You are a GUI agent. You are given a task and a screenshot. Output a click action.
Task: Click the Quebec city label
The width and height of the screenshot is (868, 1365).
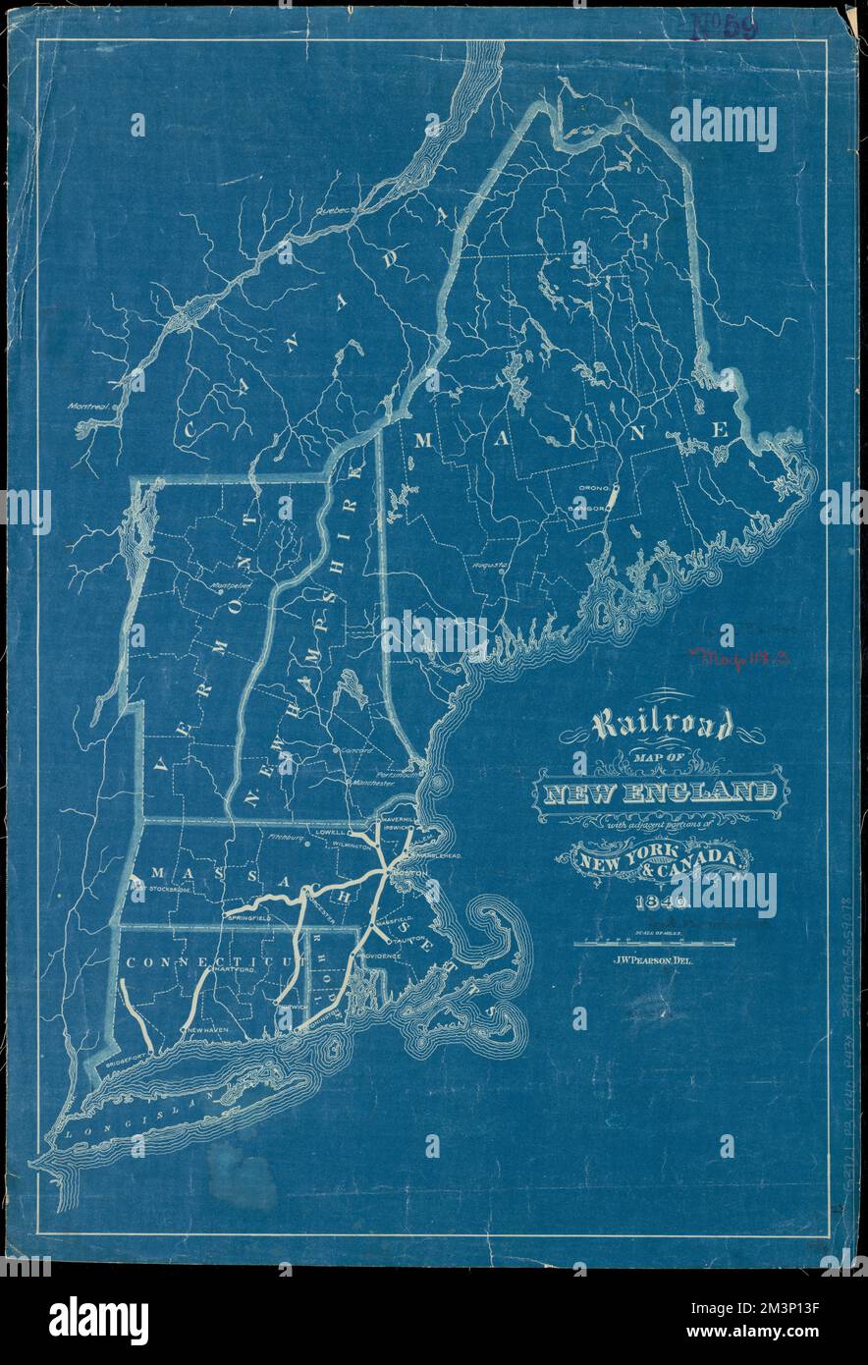(x=333, y=208)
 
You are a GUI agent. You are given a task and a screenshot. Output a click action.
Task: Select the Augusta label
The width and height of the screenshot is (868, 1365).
(x=488, y=567)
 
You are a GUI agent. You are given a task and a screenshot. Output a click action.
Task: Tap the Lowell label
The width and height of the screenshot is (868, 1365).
(x=332, y=831)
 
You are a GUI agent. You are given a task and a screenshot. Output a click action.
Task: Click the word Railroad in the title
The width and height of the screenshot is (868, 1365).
(x=661, y=727)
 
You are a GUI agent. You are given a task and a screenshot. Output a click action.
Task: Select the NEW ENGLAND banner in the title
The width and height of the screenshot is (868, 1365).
(x=659, y=792)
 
